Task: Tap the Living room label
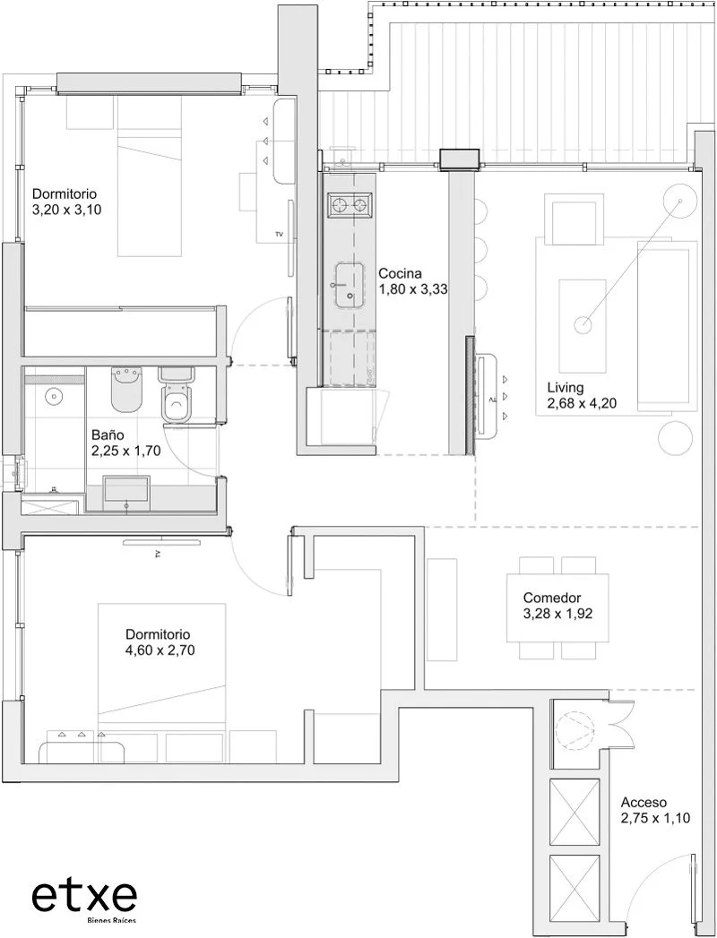click(565, 387)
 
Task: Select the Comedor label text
click(552, 598)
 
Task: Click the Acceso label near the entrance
click(644, 803)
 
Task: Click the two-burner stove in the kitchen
click(350, 206)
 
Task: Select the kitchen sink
click(350, 286)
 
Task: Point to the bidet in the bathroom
click(126, 389)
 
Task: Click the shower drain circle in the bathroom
click(55, 395)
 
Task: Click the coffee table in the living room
click(583, 325)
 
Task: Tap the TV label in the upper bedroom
click(279, 234)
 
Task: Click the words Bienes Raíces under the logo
click(111, 919)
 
